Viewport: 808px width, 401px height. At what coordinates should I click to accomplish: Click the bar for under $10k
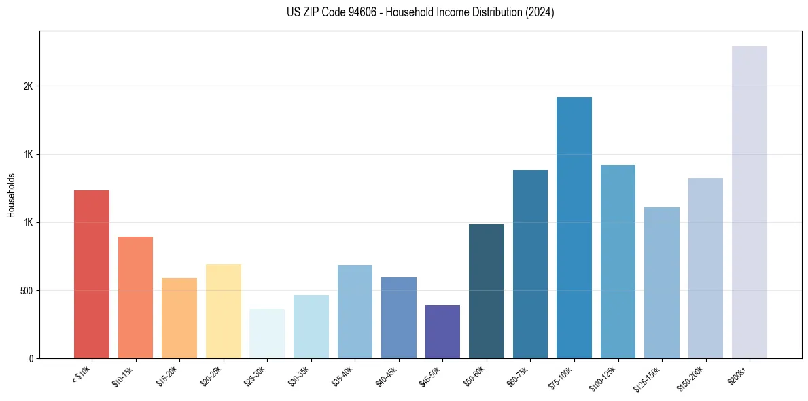[92, 274]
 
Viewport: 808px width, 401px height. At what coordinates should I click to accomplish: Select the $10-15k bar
[135, 297]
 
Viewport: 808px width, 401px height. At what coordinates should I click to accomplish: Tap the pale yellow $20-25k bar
[223, 311]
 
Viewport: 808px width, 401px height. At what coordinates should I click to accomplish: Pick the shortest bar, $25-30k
[267, 333]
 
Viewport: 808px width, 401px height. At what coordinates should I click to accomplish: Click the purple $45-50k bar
[442, 332]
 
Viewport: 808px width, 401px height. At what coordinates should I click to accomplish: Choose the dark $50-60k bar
[487, 291]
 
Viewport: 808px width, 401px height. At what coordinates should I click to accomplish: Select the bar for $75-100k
[574, 228]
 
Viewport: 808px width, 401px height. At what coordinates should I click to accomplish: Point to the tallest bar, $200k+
[750, 202]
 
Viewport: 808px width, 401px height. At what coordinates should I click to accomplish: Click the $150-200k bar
[705, 268]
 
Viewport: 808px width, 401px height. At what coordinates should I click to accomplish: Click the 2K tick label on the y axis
[27, 86]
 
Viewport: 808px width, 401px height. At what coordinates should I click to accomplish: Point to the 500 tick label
[24, 290]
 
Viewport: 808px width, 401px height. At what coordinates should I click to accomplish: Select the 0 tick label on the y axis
[31, 358]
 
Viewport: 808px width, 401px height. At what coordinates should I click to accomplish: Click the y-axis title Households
[11, 195]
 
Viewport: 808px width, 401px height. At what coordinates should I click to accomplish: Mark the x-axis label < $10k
[82, 375]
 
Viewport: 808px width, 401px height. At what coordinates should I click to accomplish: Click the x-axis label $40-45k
[387, 376]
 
